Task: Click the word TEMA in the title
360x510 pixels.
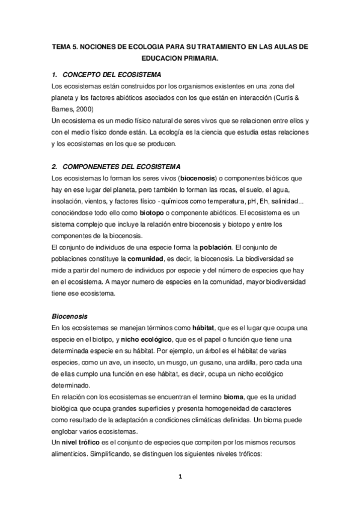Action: [x=62, y=46]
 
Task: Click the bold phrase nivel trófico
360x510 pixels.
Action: [x=71, y=443]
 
